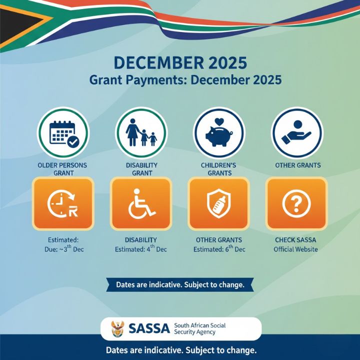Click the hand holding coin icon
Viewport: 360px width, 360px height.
(297, 132)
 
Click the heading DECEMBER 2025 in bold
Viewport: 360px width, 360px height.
(180, 63)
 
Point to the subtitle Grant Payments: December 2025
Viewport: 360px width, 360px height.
(185, 79)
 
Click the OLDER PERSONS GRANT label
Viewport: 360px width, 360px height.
(62, 169)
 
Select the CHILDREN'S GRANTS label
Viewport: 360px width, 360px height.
(219, 169)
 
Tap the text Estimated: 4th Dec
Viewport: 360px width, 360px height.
(141, 249)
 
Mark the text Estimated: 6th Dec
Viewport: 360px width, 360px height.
(219, 249)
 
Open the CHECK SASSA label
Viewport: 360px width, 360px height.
(296, 240)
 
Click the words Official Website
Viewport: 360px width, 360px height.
(296, 249)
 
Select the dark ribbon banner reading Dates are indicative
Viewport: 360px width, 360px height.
(180, 285)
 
